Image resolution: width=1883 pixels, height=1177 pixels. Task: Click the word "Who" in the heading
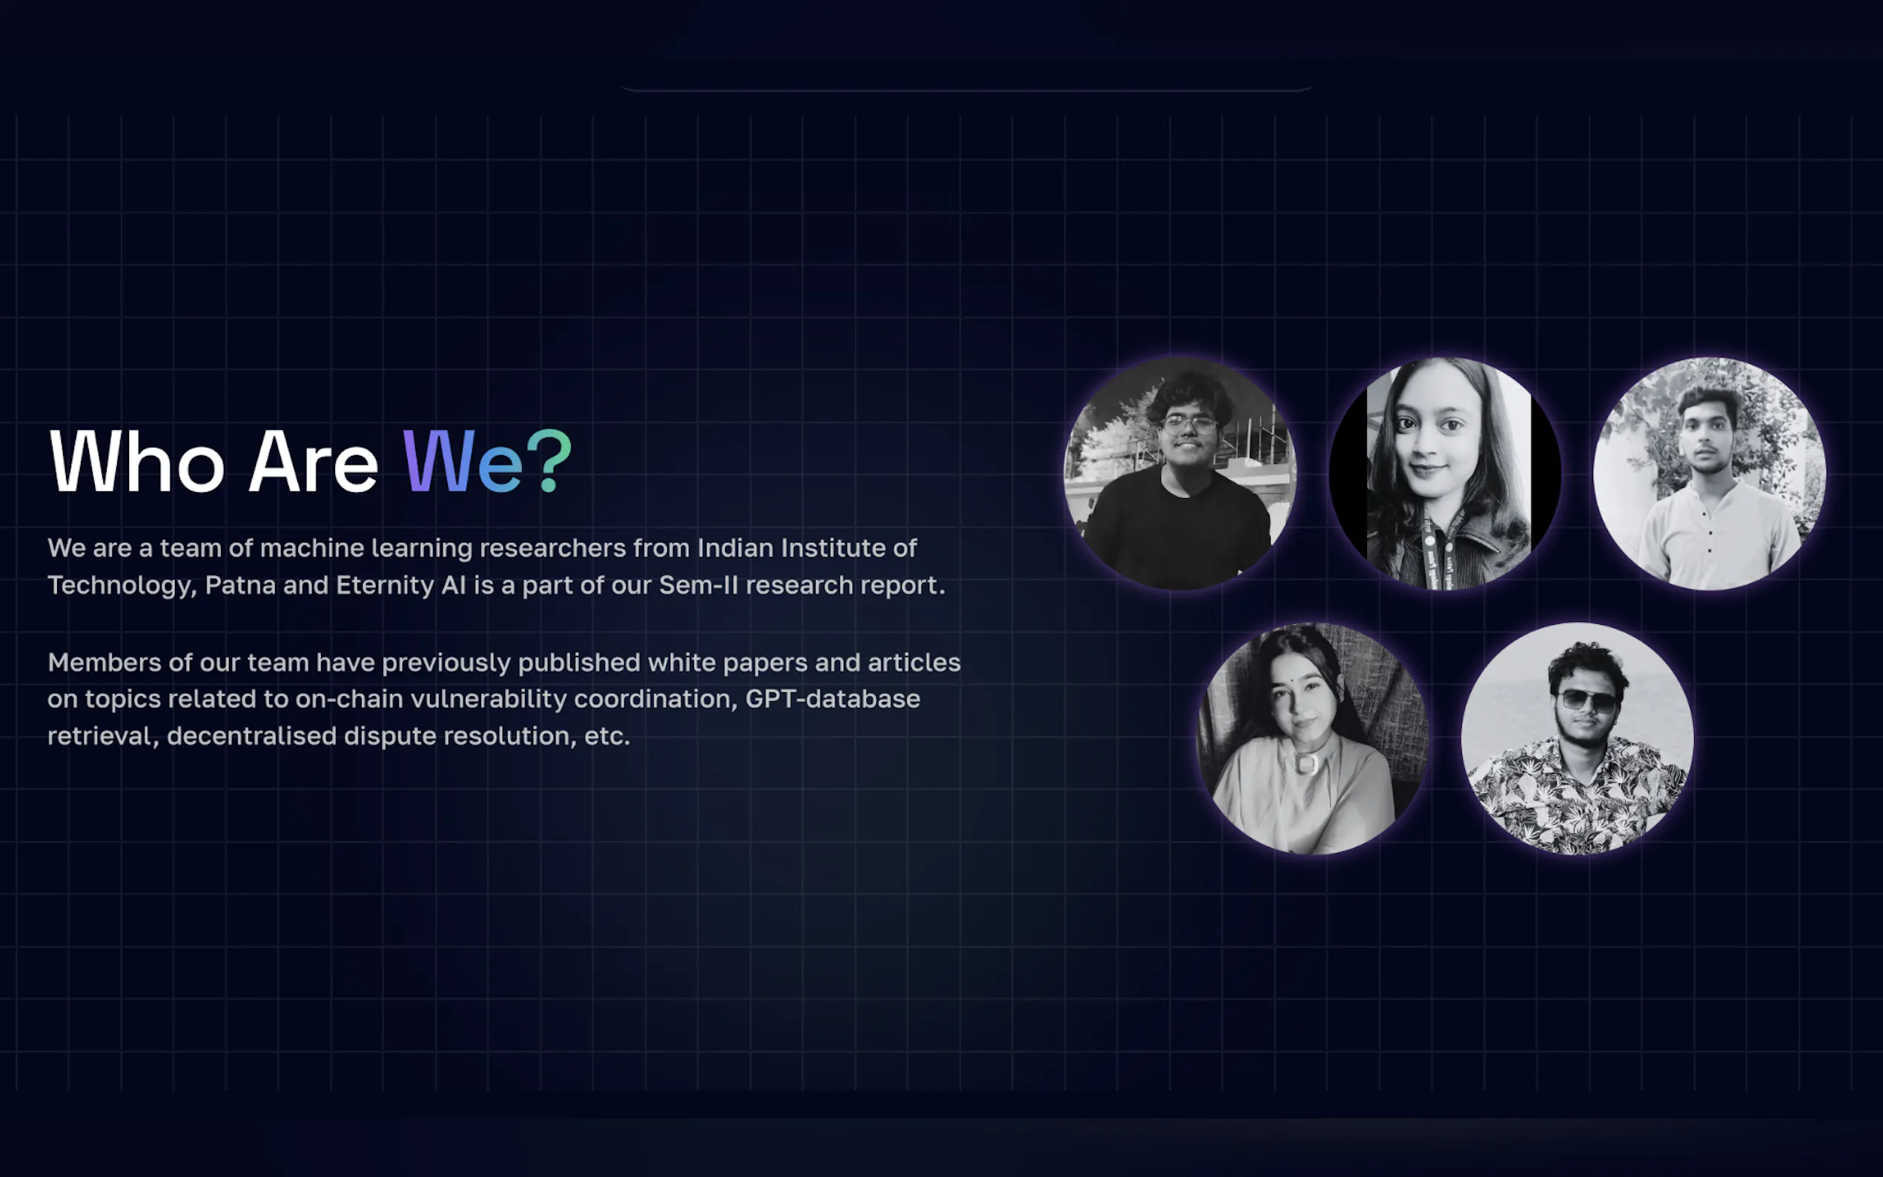tap(137, 462)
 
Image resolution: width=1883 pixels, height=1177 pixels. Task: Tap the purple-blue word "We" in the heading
tap(463, 462)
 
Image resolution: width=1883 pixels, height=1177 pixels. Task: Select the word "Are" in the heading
tap(314, 462)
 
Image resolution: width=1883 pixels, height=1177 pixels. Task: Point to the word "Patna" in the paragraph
tap(239, 585)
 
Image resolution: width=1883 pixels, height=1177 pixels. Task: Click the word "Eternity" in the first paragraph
tap(385, 586)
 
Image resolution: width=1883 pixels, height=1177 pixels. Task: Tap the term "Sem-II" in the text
tap(698, 585)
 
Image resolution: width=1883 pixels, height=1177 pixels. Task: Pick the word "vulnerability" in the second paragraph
tap(489, 699)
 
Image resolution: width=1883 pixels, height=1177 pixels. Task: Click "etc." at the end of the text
tap(607, 737)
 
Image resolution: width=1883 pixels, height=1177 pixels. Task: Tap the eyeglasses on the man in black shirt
tap(1188, 424)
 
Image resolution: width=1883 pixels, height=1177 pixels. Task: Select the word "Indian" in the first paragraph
tap(735, 548)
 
